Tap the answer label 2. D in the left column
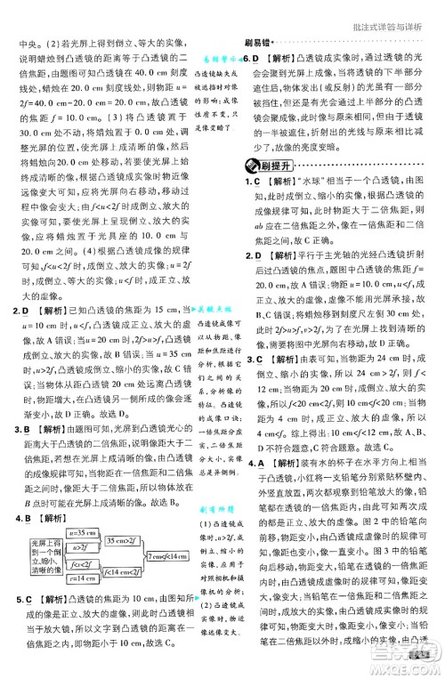(18, 310)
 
